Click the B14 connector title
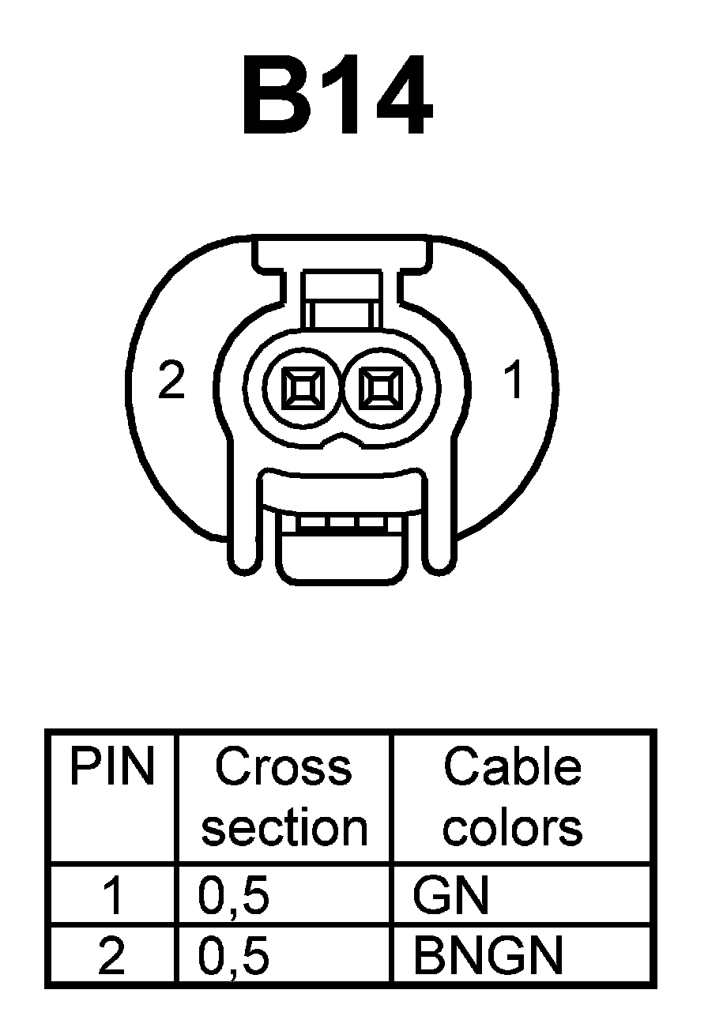coord(338,97)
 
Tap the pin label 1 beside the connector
coord(514,381)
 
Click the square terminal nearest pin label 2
coord(303,388)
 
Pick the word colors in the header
coord(513,828)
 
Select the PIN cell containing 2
coord(112,957)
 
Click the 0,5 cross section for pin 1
coord(233,898)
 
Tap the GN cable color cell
coord(451,897)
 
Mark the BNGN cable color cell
coord(488,957)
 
